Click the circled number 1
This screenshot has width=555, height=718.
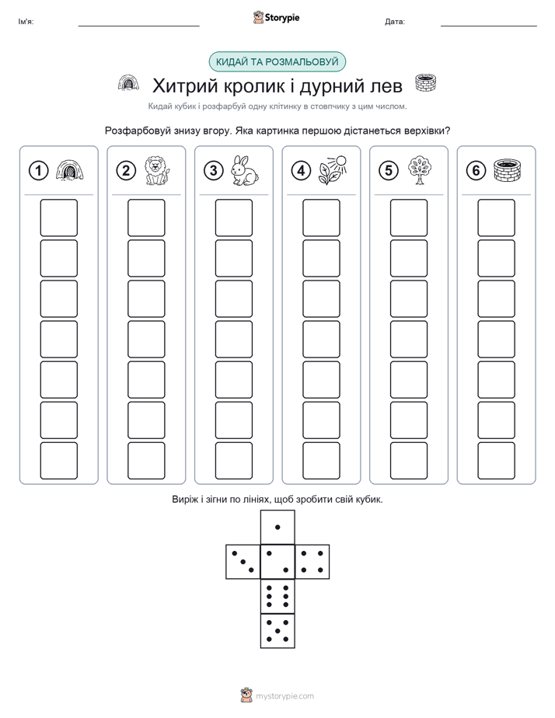coord(38,171)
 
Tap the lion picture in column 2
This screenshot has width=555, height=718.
coord(157,171)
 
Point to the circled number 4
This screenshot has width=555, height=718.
coord(301,171)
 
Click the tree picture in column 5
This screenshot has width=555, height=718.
coord(420,170)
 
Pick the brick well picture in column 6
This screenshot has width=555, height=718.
coord(508,170)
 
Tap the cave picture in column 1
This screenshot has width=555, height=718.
coord(70,171)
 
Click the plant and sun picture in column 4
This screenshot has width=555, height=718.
coord(333,170)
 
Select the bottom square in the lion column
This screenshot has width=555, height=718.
coord(146,461)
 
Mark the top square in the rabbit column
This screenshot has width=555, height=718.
coord(233,218)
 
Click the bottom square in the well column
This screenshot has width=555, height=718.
coord(496,461)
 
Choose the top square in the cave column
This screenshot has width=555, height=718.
coord(58,218)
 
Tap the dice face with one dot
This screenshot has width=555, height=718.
coord(277,527)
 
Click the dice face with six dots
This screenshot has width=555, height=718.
coord(277,596)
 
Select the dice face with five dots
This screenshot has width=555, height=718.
coord(277,630)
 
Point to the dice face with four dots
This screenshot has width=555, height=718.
coord(312,561)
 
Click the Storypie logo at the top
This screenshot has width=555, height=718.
coord(276,17)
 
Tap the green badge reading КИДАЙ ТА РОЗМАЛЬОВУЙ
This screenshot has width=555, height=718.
coord(277,62)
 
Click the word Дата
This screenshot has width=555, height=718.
coord(395,22)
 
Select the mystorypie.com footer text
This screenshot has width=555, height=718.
coord(284,696)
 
